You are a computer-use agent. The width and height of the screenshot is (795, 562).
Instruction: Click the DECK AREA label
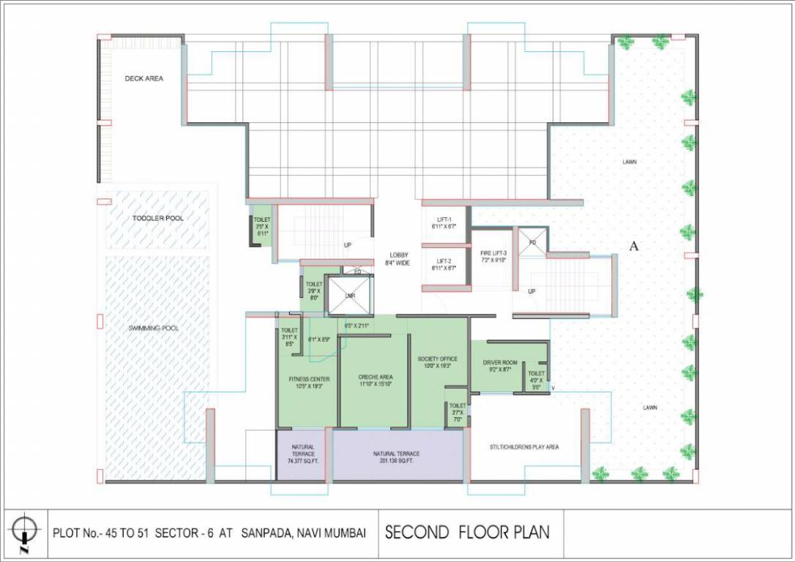tap(143, 78)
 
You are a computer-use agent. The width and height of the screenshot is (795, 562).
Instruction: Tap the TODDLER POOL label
tap(158, 218)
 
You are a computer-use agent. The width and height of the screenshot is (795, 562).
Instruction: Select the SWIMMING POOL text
tap(154, 328)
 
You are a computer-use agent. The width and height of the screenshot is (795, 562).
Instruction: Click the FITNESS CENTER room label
tap(308, 378)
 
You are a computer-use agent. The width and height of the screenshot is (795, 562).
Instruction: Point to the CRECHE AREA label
tap(376, 378)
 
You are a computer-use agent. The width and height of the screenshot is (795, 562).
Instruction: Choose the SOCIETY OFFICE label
tap(438, 359)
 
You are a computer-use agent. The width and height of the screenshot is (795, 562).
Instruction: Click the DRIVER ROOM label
tap(499, 363)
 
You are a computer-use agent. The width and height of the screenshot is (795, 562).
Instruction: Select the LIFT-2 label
tap(444, 261)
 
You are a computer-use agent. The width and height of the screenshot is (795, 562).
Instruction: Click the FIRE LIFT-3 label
tap(493, 253)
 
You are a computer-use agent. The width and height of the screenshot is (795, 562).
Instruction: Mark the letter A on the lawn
tap(634, 247)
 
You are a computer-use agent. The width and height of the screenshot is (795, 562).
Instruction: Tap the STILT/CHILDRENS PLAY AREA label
tap(524, 446)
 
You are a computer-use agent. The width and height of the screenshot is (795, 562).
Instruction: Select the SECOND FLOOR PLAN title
tap(467, 532)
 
